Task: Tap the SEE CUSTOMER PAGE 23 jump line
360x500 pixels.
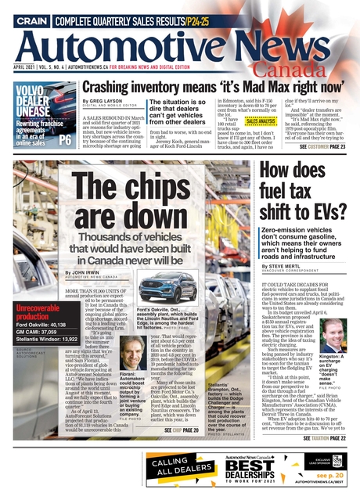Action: click(315, 146)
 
